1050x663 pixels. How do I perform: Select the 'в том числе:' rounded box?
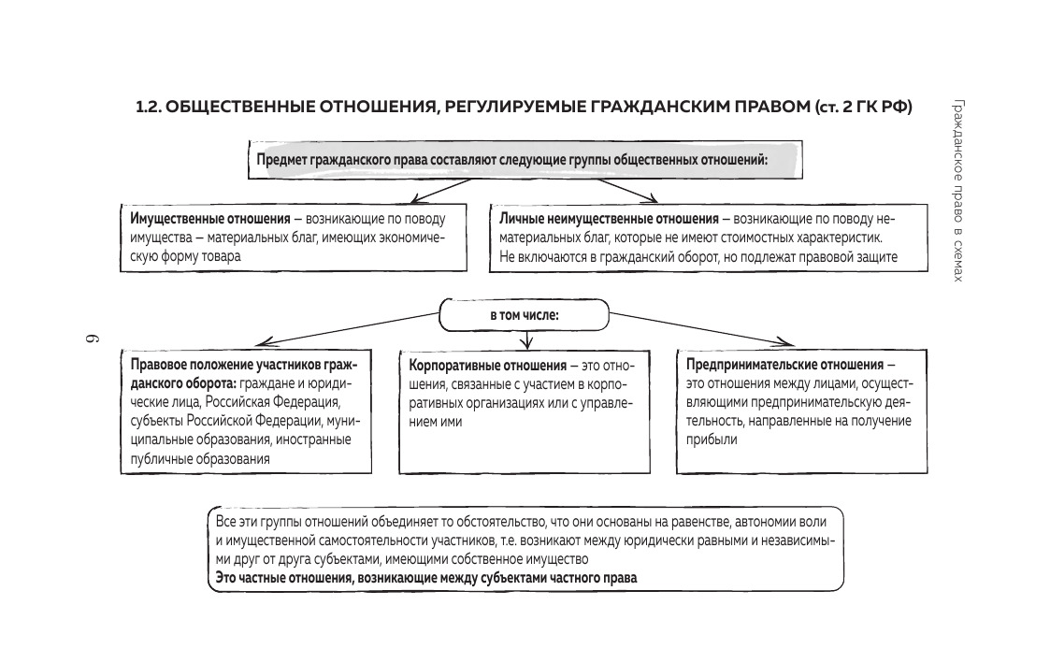525,315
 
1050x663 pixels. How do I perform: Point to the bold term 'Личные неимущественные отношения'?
609,219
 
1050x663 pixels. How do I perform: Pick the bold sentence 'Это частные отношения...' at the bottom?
425,579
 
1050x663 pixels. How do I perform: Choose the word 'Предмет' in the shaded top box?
283,160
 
